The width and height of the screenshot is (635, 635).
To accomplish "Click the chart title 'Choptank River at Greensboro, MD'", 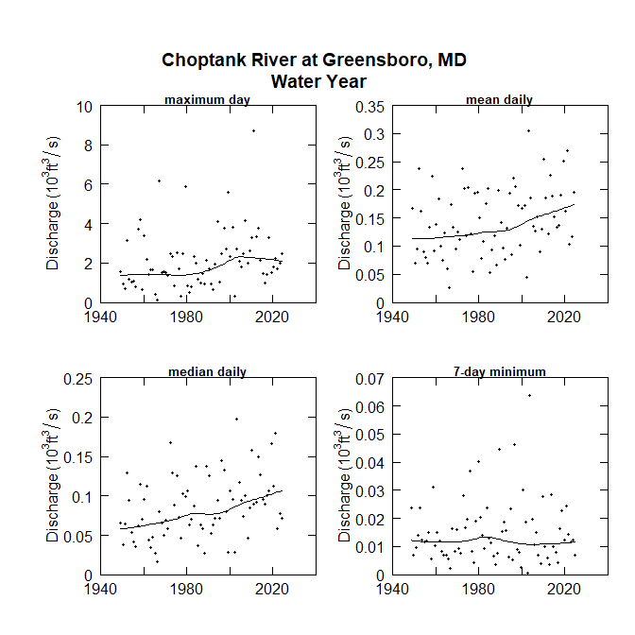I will pyautogui.click(x=315, y=60).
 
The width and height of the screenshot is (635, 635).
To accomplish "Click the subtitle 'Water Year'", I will pyautogui.click(x=318, y=81).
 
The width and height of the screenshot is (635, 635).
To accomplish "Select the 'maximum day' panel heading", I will pyautogui.click(x=207, y=99).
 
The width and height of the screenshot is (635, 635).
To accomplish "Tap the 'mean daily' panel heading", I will pyautogui.click(x=499, y=99).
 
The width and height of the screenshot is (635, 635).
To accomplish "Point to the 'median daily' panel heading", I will pyautogui.click(x=207, y=371).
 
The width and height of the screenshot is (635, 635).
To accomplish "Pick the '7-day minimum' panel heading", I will pyautogui.click(x=499, y=371).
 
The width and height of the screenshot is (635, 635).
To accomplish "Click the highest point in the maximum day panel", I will pyautogui.click(x=253, y=130).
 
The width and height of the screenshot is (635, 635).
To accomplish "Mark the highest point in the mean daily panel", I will pyautogui.click(x=528, y=130).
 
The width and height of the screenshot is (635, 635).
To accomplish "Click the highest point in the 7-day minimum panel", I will pyautogui.click(x=529, y=395).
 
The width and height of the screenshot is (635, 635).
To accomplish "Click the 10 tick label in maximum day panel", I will pyautogui.click(x=83, y=107).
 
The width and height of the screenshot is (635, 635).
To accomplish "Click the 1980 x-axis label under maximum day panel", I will pyautogui.click(x=186, y=317).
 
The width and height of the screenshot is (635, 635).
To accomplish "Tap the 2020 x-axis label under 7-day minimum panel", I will pyautogui.click(x=564, y=589).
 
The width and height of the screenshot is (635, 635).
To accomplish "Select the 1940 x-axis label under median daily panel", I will pyautogui.click(x=101, y=589).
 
